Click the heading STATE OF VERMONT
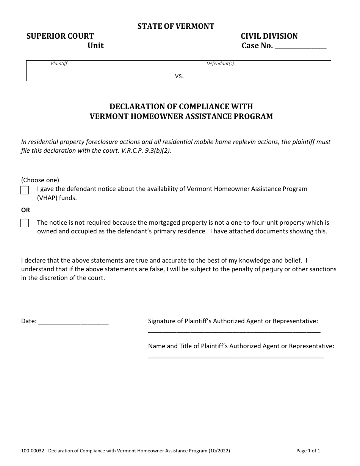tap(176, 26)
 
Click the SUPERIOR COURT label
tap(60, 36)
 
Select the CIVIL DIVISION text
tap(269, 36)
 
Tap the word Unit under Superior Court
tap(95, 46)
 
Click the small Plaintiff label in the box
tap(59, 64)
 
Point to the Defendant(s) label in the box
tap(220, 64)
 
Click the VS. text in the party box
tap(179, 76)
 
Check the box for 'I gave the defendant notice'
tap(25, 190)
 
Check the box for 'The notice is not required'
tap(25, 223)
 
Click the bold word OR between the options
tap(25, 210)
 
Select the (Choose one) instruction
tap(40, 180)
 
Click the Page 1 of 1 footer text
tap(308, 451)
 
